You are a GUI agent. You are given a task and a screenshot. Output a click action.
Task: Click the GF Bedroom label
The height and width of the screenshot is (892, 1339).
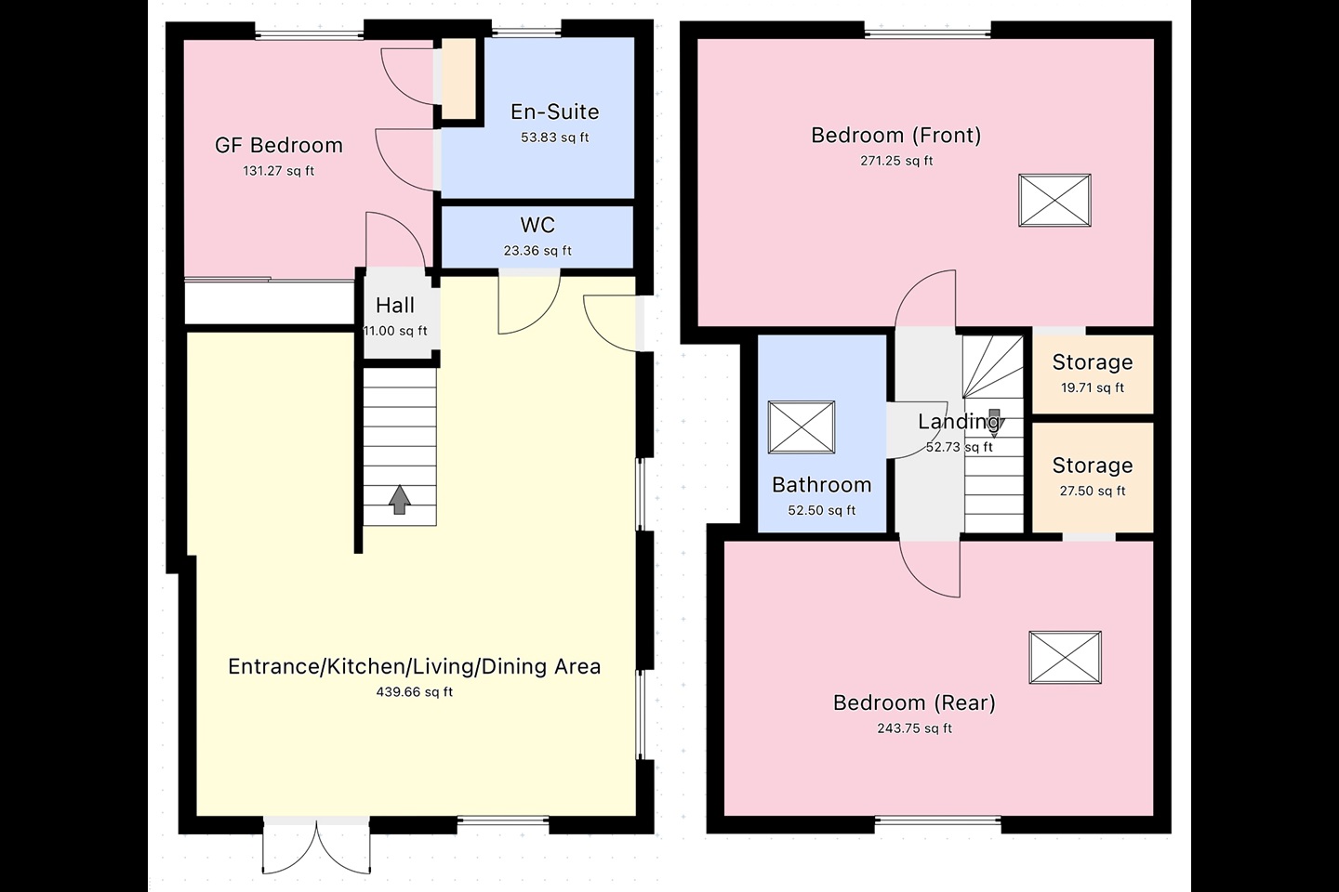point(278,146)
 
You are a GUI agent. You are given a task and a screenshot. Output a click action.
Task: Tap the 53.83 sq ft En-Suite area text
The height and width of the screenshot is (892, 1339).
point(554,138)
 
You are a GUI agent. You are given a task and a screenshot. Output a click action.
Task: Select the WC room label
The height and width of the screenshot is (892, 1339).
point(537,225)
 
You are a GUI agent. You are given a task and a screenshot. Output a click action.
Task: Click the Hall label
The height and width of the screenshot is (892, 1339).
point(395,305)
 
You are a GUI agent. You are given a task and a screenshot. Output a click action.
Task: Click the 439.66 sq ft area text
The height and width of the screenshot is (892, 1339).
point(414,692)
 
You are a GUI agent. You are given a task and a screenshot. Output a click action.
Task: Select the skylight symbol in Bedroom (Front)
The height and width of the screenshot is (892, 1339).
point(1054,200)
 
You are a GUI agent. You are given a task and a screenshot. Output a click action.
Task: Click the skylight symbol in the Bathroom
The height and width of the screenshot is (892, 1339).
point(802,427)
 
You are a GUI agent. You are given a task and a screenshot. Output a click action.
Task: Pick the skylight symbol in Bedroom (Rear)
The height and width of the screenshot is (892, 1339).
point(1065,658)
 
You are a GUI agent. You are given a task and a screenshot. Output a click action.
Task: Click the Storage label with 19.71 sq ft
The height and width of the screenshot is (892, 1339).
point(1092,362)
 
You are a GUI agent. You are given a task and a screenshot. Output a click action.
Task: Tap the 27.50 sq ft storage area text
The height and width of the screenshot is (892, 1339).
point(1092,492)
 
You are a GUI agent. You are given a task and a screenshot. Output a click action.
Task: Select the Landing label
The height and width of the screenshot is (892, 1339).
point(958,422)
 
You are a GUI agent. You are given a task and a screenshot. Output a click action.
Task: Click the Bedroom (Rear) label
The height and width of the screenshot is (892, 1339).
point(914,702)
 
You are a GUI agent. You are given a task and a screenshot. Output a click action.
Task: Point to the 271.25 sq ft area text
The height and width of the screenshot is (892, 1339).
point(896,161)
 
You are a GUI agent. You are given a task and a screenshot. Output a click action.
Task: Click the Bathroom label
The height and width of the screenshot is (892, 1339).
point(821,485)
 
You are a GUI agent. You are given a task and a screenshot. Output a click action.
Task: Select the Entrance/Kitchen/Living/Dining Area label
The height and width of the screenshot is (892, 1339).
point(414,666)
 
